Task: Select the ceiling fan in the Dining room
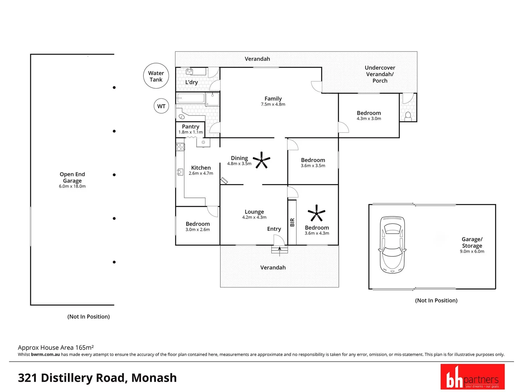click(x=261, y=160)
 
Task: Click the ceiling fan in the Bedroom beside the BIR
click(x=316, y=213)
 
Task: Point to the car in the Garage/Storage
click(x=392, y=245)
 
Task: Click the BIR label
click(x=292, y=222)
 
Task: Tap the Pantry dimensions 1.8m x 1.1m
click(x=191, y=132)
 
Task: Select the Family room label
click(x=273, y=98)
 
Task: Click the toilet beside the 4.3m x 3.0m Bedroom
click(x=408, y=117)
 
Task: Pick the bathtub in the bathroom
click(x=190, y=98)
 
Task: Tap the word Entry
click(x=274, y=229)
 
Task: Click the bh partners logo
click(x=473, y=376)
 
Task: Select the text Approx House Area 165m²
click(x=56, y=347)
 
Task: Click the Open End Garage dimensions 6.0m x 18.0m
click(x=72, y=186)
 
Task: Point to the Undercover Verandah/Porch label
click(x=380, y=74)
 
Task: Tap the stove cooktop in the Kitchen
click(x=181, y=147)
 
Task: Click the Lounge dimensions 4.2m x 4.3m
click(x=254, y=217)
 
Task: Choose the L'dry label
click(x=191, y=82)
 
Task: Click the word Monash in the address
click(x=154, y=378)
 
